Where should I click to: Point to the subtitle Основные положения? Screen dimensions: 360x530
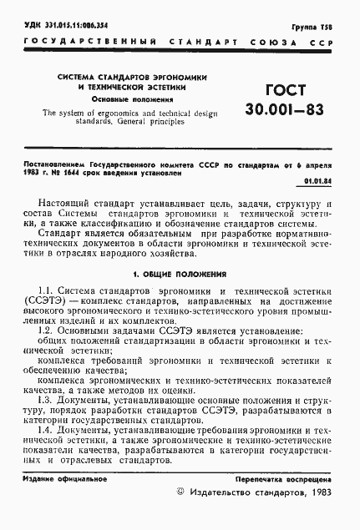pos(133,99)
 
